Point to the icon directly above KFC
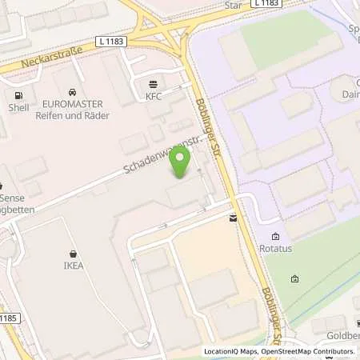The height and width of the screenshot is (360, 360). point(153,82)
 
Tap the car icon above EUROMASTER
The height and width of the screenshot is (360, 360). point(74,92)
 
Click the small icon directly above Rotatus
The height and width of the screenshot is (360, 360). point(275,235)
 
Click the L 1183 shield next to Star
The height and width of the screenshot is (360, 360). point(266,4)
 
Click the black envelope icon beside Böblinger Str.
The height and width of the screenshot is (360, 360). point(233,218)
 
